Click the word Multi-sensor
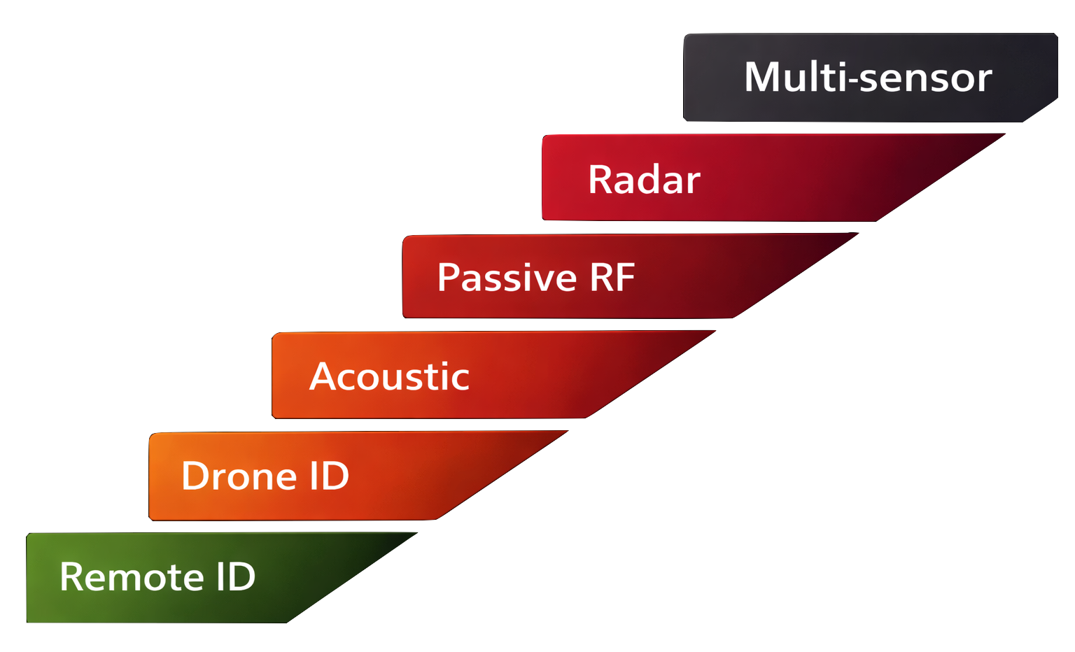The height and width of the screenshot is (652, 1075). point(867,77)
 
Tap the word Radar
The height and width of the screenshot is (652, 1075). point(644,180)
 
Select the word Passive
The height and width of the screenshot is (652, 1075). point(507,278)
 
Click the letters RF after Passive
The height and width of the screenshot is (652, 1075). point(612,277)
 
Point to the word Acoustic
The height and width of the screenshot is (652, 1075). point(389,376)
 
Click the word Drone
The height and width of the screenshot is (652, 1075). point(239,476)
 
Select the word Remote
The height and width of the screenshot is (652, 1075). point(132,576)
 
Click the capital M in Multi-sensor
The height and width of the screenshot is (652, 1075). point(761,77)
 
